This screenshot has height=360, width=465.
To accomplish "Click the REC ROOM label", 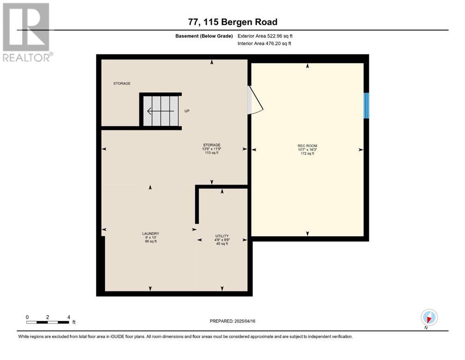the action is coord(307,146).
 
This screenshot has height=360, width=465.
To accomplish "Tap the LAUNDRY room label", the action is coord(151,233).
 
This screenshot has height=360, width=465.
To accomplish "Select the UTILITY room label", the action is coord(222,236).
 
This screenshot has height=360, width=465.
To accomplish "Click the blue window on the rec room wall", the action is coord(366,105).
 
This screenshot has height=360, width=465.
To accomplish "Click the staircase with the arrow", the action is coord(161,111).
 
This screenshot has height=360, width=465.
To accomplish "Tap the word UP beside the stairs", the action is coord(187,111).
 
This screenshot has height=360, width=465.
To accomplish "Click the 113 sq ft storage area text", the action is coord(212,153).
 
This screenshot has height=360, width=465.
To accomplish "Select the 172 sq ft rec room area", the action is coord(308,154).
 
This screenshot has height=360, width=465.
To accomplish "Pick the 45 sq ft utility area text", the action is coord(222,244).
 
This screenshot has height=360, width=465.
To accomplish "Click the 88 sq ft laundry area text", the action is coord(151,241).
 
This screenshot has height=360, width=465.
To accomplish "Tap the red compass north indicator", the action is coord(429,319).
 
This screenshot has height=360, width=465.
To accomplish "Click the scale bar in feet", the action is coord(48,322).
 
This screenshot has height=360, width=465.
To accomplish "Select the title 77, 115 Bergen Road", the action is coord(233,22).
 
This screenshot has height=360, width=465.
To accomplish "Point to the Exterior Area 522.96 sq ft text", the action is coord(265,36).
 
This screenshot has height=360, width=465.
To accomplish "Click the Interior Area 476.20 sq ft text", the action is coord(264,43).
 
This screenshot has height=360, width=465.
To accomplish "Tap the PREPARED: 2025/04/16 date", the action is coord(232,321).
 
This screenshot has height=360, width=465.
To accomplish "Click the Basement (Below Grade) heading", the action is coord(204,36).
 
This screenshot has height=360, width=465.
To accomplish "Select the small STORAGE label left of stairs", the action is coord(122,83).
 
